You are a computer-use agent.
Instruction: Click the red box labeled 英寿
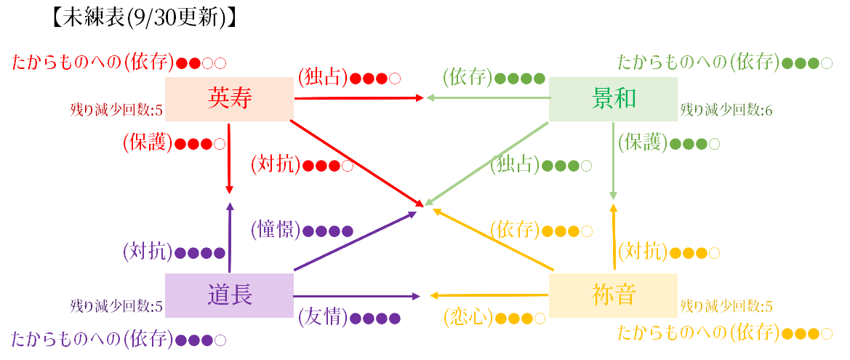(x=229, y=99)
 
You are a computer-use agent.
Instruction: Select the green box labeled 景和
(x=613, y=99)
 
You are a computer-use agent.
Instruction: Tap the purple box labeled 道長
(x=229, y=295)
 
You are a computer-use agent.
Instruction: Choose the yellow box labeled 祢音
(x=613, y=295)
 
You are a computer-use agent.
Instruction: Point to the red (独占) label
(x=324, y=78)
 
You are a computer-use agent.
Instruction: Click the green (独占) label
(x=515, y=164)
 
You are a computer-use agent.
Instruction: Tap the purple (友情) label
(x=324, y=318)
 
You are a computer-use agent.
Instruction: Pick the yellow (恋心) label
(x=468, y=318)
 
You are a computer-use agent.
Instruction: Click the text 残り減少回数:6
(x=726, y=111)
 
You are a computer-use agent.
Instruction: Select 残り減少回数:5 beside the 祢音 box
(x=726, y=306)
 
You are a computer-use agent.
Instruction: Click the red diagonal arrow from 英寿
(x=357, y=163)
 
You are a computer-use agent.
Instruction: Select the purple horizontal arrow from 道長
(x=357, y=297)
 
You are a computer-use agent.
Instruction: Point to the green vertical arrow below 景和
(x=613, y=161)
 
